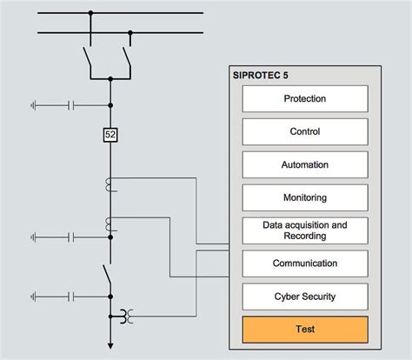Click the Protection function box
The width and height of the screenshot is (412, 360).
pyautogui.click(x=305, y=98)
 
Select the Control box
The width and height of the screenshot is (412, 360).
pyautogui.click(x=305, y=131)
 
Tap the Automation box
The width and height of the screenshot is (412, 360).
pyautogui.click(x=305, y=164)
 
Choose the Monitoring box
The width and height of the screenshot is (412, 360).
pyautogui.click(x=305, y=197)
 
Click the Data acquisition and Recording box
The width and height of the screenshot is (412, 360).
pyautogui.click(x=305, y=230)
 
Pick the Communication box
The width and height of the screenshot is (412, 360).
pyautogui.click(x=305, y=263)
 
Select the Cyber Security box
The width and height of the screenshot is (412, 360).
pyautogui.click(x=305, y=297)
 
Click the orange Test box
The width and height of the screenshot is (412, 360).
pyautogui.click(x=305, y=330)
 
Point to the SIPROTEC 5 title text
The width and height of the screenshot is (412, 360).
pyautogui.click(x=261, y=76)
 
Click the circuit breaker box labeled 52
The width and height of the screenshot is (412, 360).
pyautogui.click(x=110, y=135)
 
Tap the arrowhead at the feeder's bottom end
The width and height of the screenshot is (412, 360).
pyautogui.click(x=110, y=346)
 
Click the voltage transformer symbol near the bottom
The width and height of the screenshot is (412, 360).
pyautogui.click(x=127, y=317)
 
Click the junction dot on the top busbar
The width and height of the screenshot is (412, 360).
pyautogui.click(x=90, y=13)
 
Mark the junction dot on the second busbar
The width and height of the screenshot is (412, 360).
pyautogui.click(x=130, y=33)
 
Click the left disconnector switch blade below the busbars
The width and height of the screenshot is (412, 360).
pyautogui.click(x=87, y=57)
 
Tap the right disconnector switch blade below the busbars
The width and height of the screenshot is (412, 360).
pyautogui.click(x=127, y=57)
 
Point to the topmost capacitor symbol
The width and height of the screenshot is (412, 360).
pyautogui.click(x=71, y=105)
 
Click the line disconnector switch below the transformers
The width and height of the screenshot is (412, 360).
pyautogui.click(x=107, y=274)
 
